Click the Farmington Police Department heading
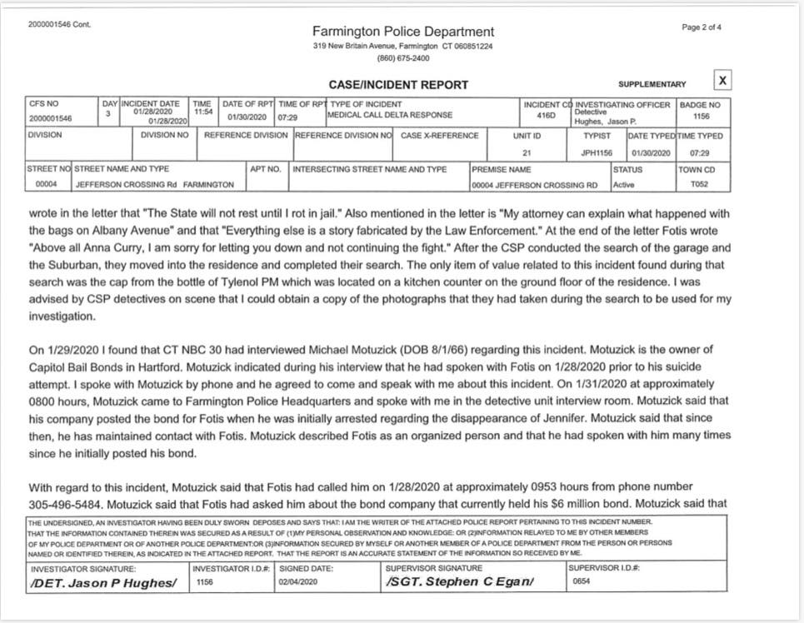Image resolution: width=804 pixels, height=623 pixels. [402, 32]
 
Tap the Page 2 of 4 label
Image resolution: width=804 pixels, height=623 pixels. [702, 27]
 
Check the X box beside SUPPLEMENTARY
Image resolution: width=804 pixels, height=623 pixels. [722, 80]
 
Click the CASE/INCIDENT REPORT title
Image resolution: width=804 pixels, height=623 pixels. [398, 84]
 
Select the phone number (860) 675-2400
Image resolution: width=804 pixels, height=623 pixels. [402, 58]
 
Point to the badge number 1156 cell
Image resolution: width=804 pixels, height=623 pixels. [701, 117]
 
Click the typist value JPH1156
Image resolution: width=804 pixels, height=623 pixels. [597, 153]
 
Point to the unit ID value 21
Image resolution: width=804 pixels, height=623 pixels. [527, 153]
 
